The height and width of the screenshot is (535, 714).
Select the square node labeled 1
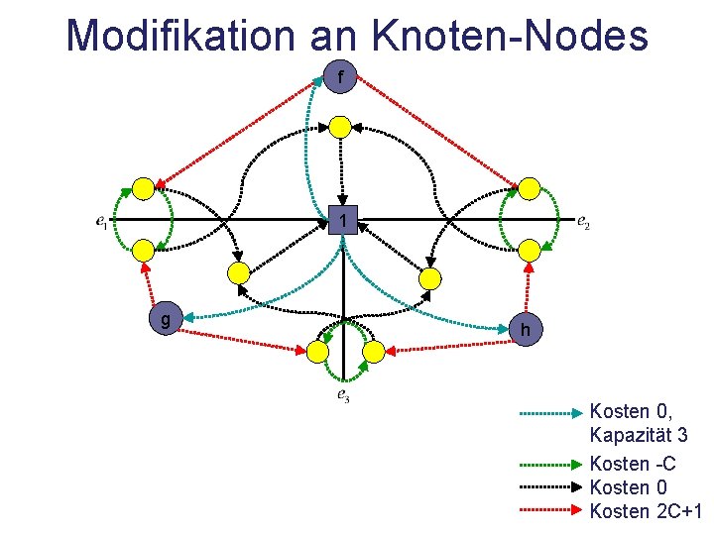(342, 219)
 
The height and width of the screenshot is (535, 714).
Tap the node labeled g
(165, 320)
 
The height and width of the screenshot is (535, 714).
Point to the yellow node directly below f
(340, 126)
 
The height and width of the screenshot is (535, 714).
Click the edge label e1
(102, 222)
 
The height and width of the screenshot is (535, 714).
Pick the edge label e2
(584, 221)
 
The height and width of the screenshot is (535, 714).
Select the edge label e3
(342, 396)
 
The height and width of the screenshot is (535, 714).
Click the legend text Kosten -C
(632, 464)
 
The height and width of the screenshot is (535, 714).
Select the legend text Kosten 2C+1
(646, 511)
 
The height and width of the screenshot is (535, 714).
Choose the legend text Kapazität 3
(639, 436)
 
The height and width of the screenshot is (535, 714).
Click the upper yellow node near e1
(144, 188)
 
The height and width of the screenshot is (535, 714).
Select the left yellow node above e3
(317, 351)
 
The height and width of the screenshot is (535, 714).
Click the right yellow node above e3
(373, 351)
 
